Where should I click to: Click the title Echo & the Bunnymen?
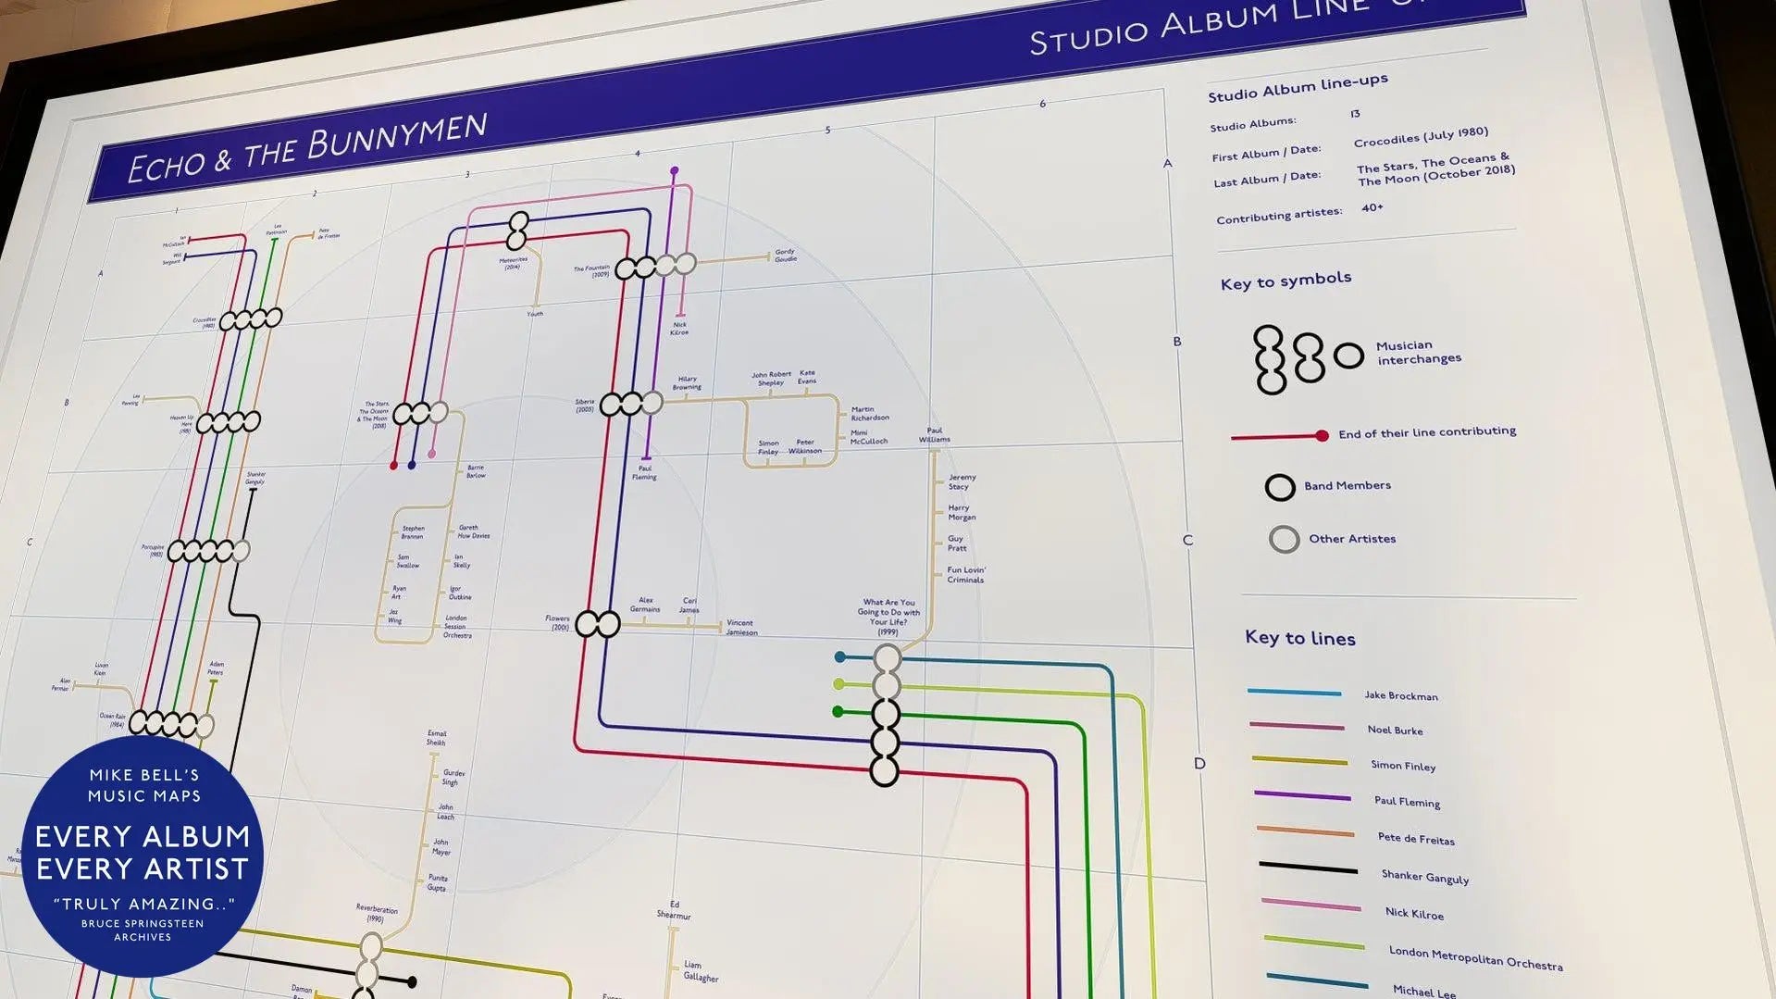pyautogui.click(x=306, y=149)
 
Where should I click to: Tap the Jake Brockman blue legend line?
pyautogui.click(x=1293, y=692)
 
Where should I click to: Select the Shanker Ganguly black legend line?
pyautogui.click(x=1307, y=868)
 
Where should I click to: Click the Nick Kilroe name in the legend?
pyautogui.click(x=1414, y=913)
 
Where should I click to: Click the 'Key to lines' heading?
pyautogui.click(x=1299, y=638)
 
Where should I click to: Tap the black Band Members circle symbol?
pyautogui.click(x=1280, y=487)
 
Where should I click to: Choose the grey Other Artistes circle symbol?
pyautogui.click(x=1284, y=539)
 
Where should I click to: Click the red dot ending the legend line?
pyautogui.click(x=1322, y=435)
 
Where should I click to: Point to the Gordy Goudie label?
pyautogui.click(x=785, y=256)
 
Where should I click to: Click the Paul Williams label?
pyautogui.click(x=935, y=434)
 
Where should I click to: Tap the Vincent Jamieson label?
pyautogui.click(x=741, y=628)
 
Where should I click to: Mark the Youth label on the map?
pyautogui.click(x=535, y=314)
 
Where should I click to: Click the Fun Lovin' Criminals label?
pyautogui.click(x=965, y=575)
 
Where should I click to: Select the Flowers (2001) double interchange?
pyautogui.click(x=598, y=624)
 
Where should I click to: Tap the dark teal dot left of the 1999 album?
pyautogui.click(x=839, y=657)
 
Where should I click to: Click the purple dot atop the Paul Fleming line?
pyautogui.click(x=675, y=171)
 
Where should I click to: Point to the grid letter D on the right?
pyautogui.click(x=1199, y=764)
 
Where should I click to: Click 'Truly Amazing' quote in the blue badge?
pyautogui.click(x=143, y=904)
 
